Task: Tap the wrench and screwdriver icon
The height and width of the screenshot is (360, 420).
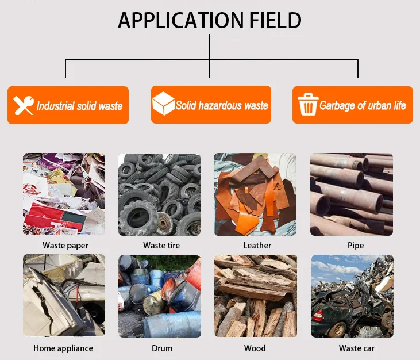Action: tap(24, 105)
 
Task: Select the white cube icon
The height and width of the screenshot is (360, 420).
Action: tap(163, 104)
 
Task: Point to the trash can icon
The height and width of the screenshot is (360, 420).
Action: tap(307, 105)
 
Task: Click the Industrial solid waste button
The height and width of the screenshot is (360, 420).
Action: tap(68, 105)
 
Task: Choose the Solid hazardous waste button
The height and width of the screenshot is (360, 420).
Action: tap(210, 104)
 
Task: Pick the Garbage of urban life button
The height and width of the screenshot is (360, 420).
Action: tap(352, 105)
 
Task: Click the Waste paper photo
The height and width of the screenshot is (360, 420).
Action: tap(64, 194)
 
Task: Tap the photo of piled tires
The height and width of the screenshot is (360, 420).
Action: tap(160, 194)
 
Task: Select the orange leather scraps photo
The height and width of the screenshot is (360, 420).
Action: tap(256, 194)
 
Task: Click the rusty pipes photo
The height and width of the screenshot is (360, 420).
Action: tap(352, 194)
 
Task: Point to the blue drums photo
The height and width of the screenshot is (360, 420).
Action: tap(160, 296)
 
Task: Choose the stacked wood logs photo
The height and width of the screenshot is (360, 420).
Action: tap(256, 296)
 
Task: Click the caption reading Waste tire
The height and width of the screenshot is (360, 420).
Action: tap(161, 246)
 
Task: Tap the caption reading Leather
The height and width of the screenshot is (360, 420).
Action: tap(257, 246)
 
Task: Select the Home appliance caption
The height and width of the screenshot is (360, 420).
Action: tap(63, 348)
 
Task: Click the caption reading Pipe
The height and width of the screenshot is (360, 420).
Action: tap(356, 246)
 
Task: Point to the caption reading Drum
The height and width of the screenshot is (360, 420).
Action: tap(162, 348)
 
